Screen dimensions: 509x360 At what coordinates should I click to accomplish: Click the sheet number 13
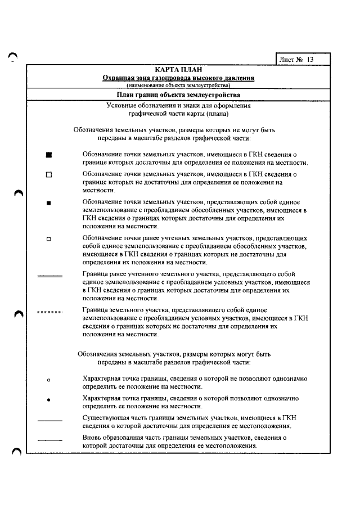pos(310,59)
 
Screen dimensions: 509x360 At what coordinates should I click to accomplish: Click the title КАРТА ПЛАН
pos(178,69)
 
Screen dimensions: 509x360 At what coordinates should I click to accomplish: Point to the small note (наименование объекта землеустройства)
pos(178,85)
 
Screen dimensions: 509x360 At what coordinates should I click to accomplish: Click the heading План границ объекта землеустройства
pos(178,95)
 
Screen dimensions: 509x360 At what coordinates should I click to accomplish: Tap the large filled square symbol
pos(49,155)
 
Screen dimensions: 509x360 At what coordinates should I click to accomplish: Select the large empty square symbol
pos(49,175)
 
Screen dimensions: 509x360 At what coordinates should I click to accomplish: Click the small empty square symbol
pos(49,238)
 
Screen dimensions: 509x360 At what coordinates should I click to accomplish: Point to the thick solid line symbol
pos(49,276)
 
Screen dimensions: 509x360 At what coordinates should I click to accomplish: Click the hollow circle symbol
pos(49,380)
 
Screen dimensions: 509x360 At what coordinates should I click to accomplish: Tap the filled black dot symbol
pos(49,400)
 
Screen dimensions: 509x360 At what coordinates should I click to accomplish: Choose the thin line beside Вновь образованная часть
pos(49,439)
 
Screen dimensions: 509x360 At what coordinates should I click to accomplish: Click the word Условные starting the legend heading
pos(121,106)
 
